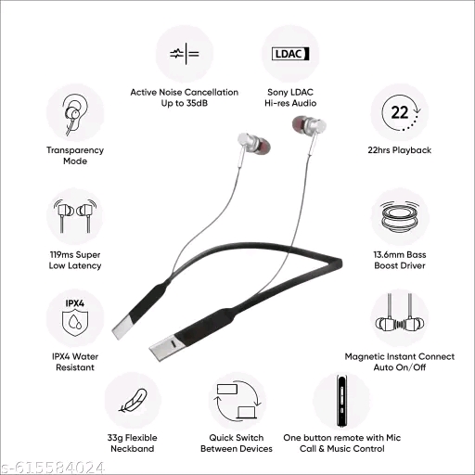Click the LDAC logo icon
[x=290, y=54]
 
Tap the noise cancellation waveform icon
[x=185, y=54]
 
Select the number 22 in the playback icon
[x=400, y=112]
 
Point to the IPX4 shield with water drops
[x=75, y=323]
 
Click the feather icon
[x=133, y=401]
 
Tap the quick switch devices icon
[x=237, y=401]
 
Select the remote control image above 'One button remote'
[x=341, y=401]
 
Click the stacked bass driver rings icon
[x=400, y=216]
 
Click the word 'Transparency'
[x=75, y=150]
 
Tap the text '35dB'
[x=197, y=103]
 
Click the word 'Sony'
[x=276, y=92]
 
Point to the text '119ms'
[x=61, y=255]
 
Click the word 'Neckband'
[x=133, y=449]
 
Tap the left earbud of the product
[x=253, y=143]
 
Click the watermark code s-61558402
[x=53, y=468]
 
